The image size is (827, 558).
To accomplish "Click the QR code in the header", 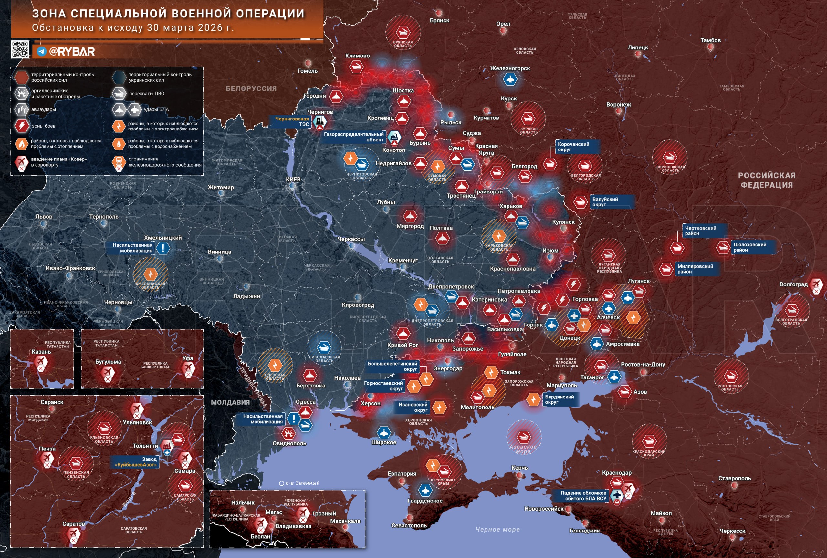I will click(x=20, y=49).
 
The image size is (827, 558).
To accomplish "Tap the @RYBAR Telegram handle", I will click(x=71, y=52).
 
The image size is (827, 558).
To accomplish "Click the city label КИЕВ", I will click(x=293, y=179).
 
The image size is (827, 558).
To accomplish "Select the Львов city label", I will click(x=43, y=217).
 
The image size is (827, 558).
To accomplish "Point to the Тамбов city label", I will click(x=710, y=40).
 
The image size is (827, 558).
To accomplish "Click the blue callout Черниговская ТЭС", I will click(x=292, y=121).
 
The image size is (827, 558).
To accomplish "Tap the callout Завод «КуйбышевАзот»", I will click(x=135, y=462).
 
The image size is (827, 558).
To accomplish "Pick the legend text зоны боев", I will click(x=43, y=126).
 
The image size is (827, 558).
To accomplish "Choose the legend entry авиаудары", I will click(x=43, y=109).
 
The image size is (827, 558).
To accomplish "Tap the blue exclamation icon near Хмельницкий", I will click(x=163, y=248).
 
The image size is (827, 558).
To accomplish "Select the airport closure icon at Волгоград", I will click(x=816, y=285).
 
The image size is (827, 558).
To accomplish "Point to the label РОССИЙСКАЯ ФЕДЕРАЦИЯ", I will click(x=767, y=180).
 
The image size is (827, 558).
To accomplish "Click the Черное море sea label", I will click(x=497, y=529).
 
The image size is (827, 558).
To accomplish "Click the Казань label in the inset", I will click(x=41, y=351).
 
